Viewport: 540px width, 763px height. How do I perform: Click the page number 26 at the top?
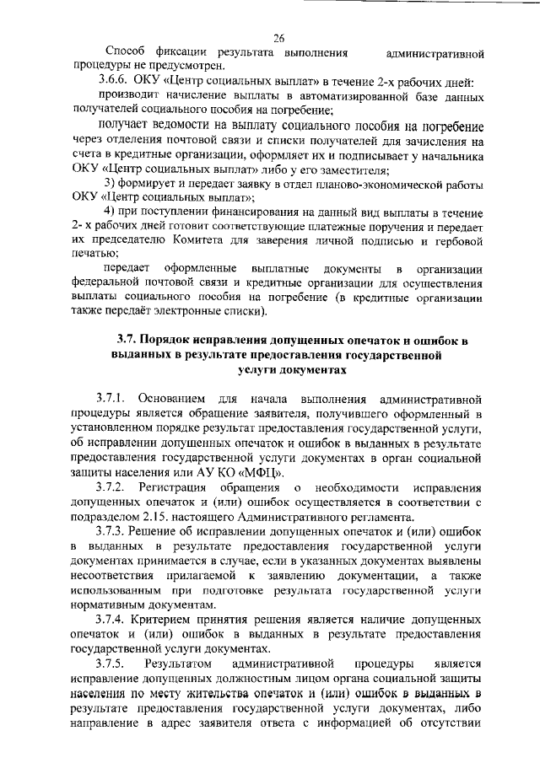point(278,37)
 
